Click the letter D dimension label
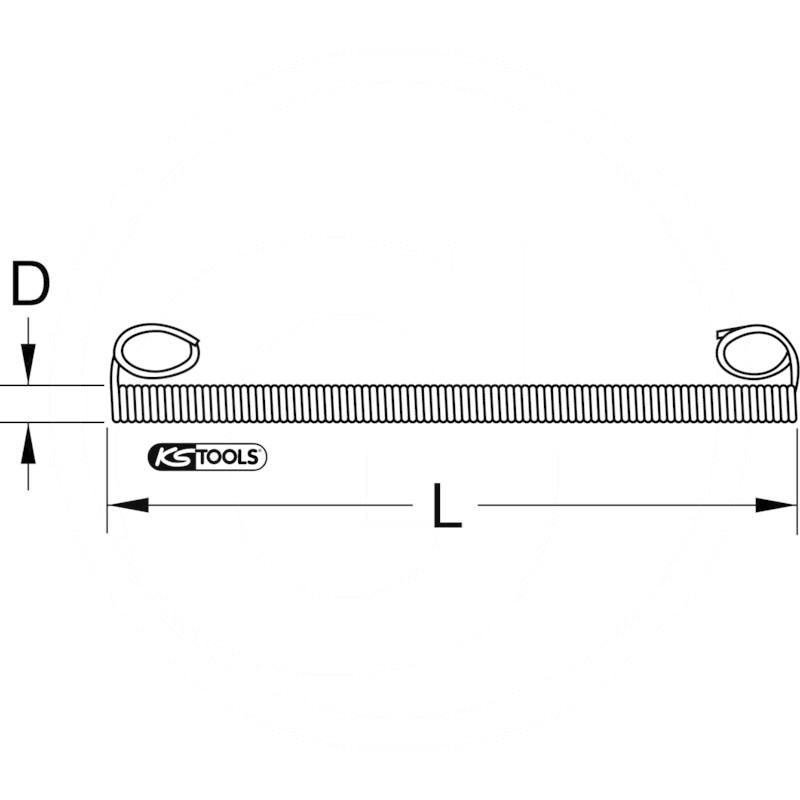(x=30, y=284)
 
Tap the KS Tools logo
(x=207, y=457)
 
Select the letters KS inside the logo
(x=169, y=457)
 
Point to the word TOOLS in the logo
(x=225, y=457)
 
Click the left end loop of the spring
(x=157, y=351)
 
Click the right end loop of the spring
(x=756, y=353)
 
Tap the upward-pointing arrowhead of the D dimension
(x=30, y=441)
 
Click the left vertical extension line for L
(x=107, y=480)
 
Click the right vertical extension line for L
(x=797, y=480)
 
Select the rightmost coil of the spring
(x=792, y=403)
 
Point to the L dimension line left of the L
(x=280, y=505)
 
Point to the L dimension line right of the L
(x=620, y=505)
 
